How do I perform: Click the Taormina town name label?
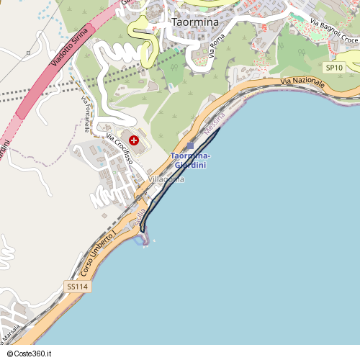pos(195,22)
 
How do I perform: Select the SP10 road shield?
pos(333,68)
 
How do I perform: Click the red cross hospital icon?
pos(134,140)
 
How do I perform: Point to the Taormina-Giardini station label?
pos(190,161)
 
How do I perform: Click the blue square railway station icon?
pos(190,145)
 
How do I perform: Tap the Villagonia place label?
pos(167,179)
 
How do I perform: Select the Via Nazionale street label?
pos(303,84)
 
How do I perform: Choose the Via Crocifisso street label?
pos(119,150)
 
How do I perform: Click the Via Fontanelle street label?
pos(84,114)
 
